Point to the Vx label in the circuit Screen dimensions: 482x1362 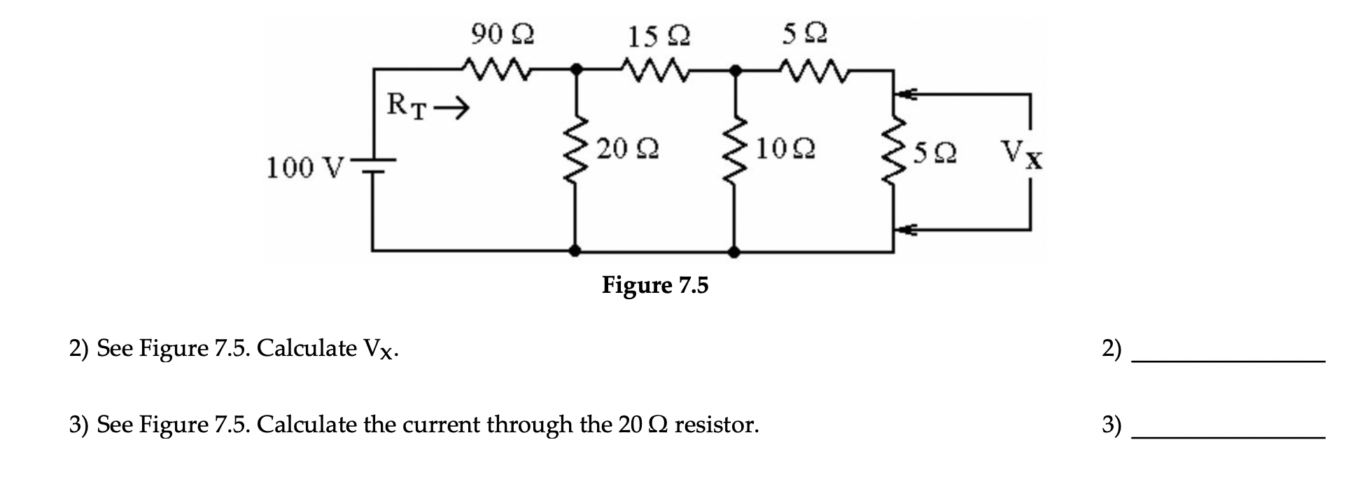1020,153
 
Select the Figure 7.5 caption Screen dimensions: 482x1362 655,285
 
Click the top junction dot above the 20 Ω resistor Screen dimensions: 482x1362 576,69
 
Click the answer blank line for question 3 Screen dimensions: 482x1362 1228,436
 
